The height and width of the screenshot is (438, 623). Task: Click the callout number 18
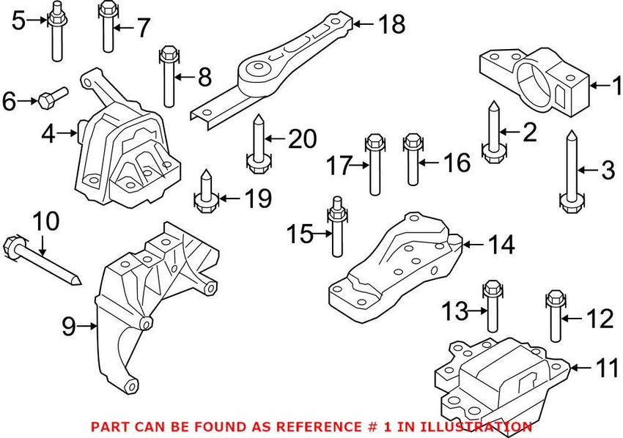coord(391,25)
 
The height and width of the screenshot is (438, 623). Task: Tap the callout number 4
coord(48,134)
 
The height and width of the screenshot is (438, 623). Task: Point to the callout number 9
coord(67,327)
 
